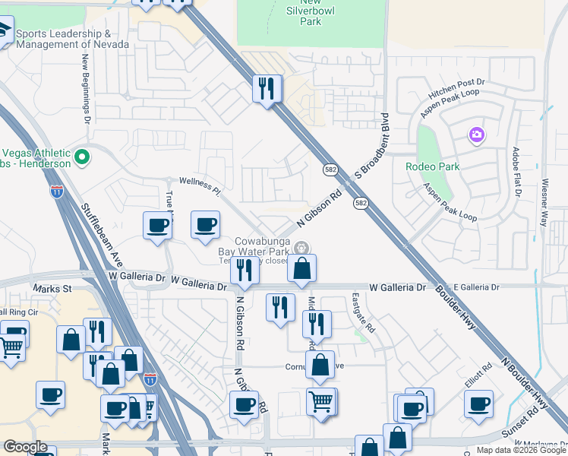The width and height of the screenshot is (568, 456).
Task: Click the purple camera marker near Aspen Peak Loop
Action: pos(476,135)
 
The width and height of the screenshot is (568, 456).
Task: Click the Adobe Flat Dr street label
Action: pos(516,173)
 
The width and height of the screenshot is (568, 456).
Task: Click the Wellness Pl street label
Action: pos(199,182)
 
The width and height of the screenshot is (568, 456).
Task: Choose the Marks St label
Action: pos(52,289)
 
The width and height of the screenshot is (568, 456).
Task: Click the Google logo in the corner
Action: pos(25,447)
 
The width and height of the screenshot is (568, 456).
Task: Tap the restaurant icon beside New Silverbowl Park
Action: pos(267,88)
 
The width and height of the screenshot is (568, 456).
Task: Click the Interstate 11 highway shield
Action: pos(57,192)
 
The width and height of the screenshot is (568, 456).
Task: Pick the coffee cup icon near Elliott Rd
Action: pos(478,404)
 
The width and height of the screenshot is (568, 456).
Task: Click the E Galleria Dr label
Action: pos(475,287)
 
